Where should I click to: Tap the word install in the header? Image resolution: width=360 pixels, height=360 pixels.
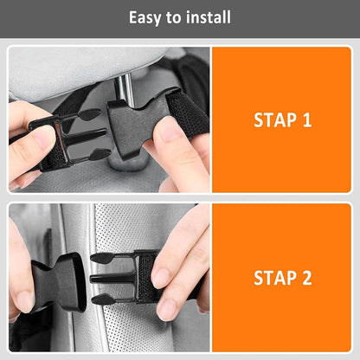[209, 17]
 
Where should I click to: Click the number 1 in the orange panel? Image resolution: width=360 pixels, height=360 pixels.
[306, 119]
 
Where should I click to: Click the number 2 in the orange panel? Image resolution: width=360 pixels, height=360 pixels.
[306, 278]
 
